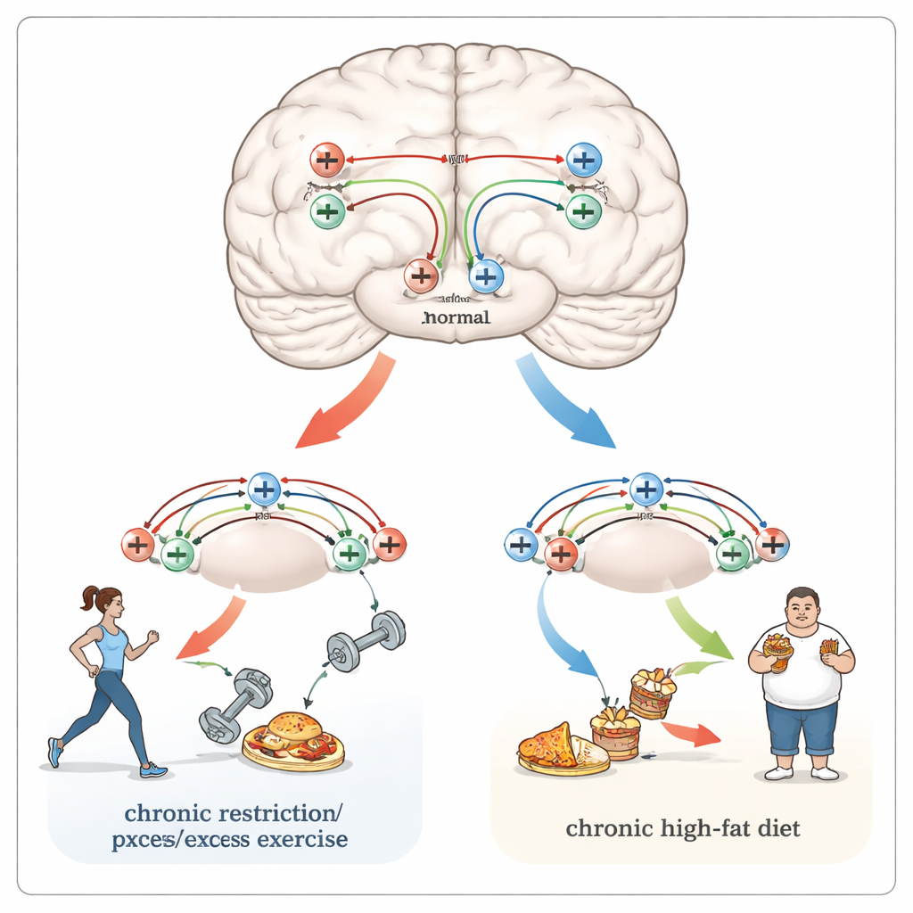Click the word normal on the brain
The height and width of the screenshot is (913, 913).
[x=456, y=317]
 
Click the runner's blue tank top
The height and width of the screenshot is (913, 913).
[x=112, y=649]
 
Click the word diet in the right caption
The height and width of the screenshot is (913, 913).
[x=777, y=828]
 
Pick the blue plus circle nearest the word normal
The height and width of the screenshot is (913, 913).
[x=485, y=276]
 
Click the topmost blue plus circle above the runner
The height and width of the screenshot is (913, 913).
[x=263, y=489]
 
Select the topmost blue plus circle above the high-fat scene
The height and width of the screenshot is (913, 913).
[x=646, y=489]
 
